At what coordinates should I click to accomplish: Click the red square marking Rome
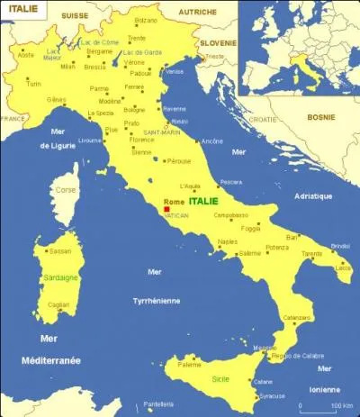166,209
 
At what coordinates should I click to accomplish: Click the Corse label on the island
65,190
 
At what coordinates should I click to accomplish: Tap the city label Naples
227,242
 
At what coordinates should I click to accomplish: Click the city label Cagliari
58,305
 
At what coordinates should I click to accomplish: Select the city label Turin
33,83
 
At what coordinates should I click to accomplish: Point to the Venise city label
175,71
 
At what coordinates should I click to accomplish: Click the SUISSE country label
76,15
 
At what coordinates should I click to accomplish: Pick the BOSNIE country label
321,117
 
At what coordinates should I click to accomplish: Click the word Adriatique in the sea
313,195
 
